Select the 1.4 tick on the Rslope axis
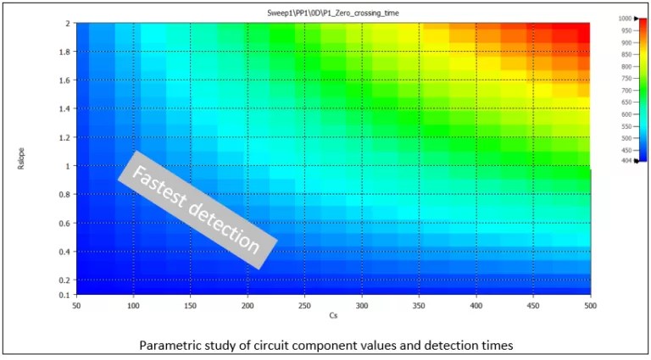64,109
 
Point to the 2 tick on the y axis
68,24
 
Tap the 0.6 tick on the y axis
64,224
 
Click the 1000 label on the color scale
625,18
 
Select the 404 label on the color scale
625,160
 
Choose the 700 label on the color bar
625,90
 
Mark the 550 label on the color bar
625,125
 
